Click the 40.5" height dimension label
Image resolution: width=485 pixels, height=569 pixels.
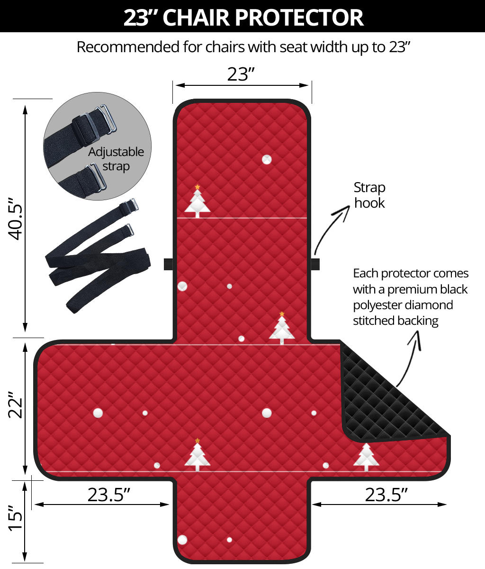tap(15, 218)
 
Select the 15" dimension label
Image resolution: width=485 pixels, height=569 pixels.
tap(15, 518)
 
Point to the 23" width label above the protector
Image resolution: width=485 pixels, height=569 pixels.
tap(241, 74)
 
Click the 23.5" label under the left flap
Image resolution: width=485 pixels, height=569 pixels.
tap(108, 495)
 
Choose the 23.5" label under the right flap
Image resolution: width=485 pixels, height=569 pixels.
tap(386, 495)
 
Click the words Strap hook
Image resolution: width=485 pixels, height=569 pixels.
tap(369, 195)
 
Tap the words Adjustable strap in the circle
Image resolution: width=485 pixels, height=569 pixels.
tap(116, 159)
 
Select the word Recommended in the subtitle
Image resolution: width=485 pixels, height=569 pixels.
tap(128, 47)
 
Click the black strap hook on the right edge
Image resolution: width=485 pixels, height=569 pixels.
tap(315, 264)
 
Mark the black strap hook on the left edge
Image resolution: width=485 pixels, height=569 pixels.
tap(168, 264)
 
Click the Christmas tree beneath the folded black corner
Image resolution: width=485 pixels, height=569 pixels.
tap(366, 457)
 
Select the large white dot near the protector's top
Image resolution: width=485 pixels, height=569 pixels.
tap(267, 159)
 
